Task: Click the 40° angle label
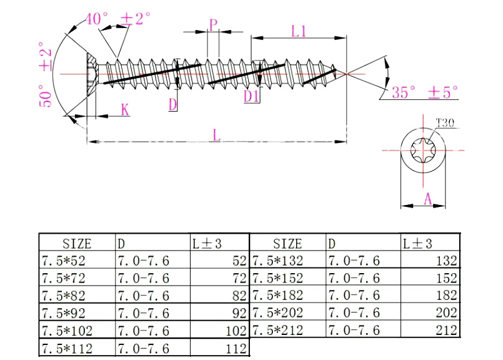pos(96,18)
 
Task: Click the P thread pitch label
pos(213,25)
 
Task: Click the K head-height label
pos(125,110)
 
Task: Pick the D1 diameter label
pos(252,96)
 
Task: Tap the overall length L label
pos(216,134)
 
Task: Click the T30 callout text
pos(444,122)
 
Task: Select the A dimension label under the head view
pos(427,199)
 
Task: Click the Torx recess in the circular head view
pos(423,150)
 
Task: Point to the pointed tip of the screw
pos(341,72)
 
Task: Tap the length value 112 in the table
pos(236,347)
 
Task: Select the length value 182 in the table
pos(446,294)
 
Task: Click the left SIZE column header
pos(77,243)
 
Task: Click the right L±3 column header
pos(417,243)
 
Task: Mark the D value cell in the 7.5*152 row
pos(353,277)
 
